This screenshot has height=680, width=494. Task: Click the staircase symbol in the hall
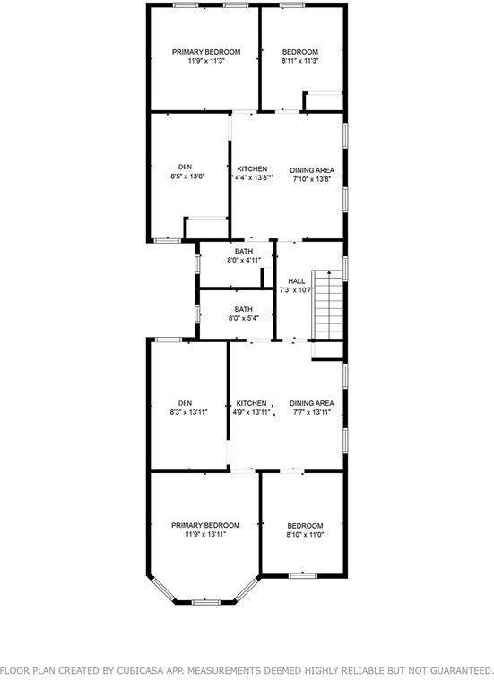[x=327, y=305]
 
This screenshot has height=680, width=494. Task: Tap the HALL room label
[x=296, y=280]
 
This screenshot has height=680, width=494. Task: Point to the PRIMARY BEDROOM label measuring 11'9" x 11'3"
[x=206, y=52]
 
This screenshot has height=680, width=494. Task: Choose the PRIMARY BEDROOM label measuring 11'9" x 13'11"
[x=206, y=524]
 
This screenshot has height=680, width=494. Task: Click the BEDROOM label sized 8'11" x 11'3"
[x=300, y=52]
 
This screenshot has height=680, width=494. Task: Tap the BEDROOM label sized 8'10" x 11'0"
[x=305, y=525]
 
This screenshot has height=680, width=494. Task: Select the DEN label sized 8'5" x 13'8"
[x=185, y=167]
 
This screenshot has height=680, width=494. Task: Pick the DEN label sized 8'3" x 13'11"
[x=185, y=403]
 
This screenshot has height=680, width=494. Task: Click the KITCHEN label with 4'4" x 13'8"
[x=253, y=169]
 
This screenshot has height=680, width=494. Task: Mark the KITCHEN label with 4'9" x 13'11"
[x=251, y=403]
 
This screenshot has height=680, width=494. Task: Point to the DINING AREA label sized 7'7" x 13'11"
[x=311, y=403]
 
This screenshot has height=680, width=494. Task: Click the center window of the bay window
[x=206, y=602]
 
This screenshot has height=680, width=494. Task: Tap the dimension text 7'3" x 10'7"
[x=296, y=290]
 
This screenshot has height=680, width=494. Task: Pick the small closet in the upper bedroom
[x=324, y=101]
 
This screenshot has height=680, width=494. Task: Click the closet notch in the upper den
[x=206, y=228]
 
